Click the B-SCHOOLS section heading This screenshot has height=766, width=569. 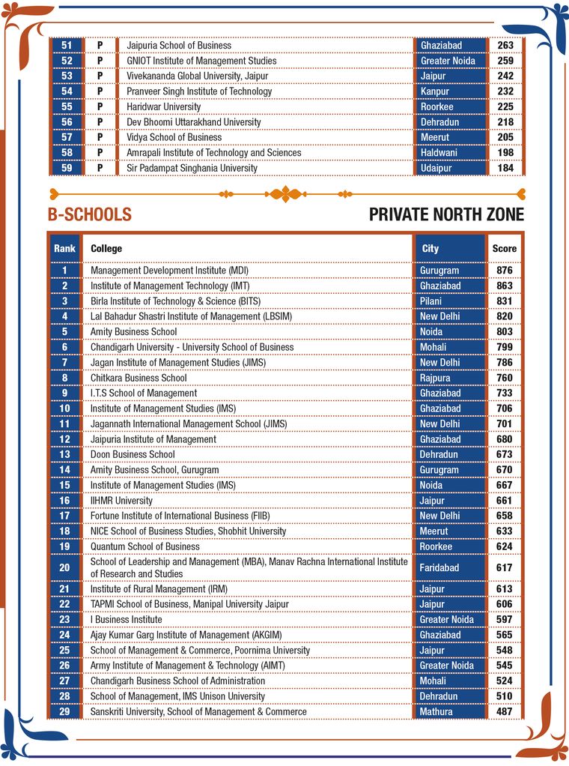coord(89,215)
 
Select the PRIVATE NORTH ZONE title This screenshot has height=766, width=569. coord(446,215)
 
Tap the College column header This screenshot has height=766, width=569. coord(106,248)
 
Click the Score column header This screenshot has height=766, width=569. coord(504,248)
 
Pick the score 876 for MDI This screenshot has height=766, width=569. coord(504,271)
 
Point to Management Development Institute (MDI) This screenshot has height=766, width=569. coord(169,271)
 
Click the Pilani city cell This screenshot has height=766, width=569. coord(431,301)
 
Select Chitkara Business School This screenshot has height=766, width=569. coord(139,378)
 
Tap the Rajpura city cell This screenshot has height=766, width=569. coord(436,378)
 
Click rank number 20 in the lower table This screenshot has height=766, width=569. coord(65,567)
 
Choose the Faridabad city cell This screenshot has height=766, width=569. coord(440,568)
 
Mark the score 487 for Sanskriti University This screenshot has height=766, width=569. coord(504,711)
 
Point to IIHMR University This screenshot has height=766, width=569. coord(121,501)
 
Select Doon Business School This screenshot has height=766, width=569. coord(133,454)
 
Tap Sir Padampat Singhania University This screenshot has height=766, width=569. coord(192,168)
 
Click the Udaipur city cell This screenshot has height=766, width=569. coord(436,168)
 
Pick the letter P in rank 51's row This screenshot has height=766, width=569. coord(100,45)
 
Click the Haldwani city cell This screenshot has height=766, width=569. coord(439,153)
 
